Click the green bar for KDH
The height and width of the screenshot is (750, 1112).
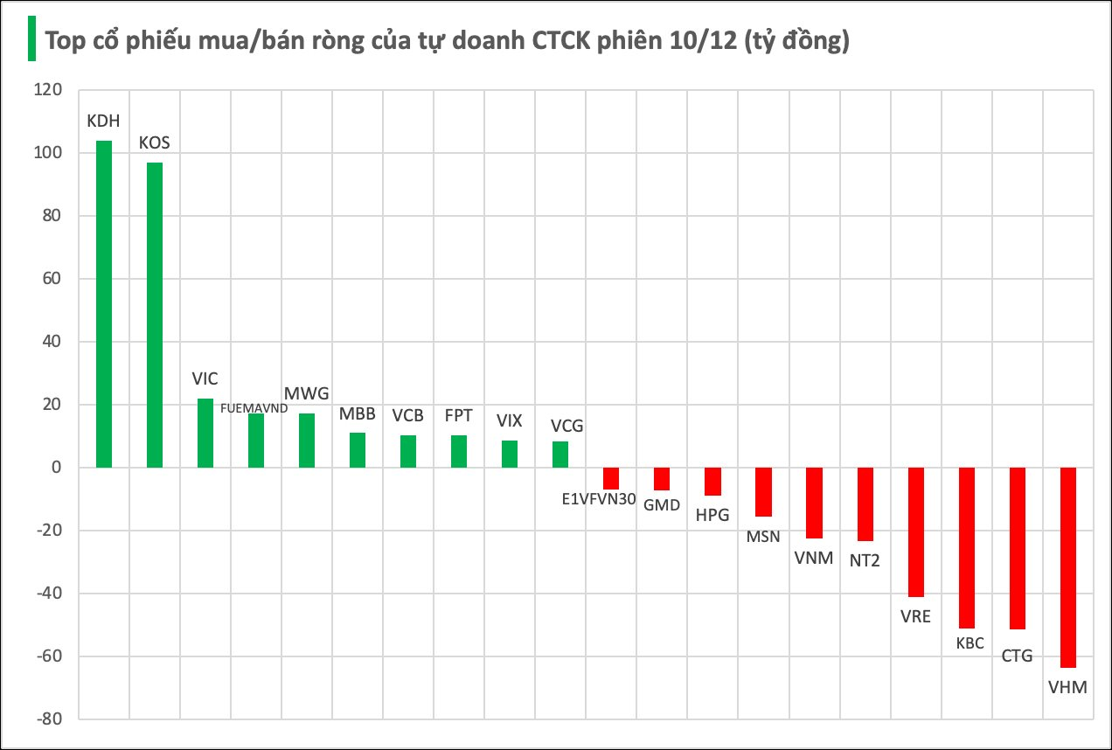point(104,304)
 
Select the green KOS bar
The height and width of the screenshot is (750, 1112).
point(155,315)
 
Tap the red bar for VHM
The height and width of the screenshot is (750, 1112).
point(1068,567)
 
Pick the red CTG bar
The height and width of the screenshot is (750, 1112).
point(1018,548)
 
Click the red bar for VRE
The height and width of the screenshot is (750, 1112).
point(916,531)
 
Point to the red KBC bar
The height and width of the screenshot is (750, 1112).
point(967,547)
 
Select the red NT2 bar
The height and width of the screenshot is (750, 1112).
point(865,504)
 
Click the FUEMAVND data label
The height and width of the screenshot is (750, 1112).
point(254,407)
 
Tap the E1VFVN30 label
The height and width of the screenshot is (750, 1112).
point(599,501)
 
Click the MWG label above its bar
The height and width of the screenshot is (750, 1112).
point(307,394)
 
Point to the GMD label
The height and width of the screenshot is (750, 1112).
point(662,504)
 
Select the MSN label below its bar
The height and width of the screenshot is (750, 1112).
point(763,536)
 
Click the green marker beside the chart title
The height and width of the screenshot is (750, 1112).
point(31,39)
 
